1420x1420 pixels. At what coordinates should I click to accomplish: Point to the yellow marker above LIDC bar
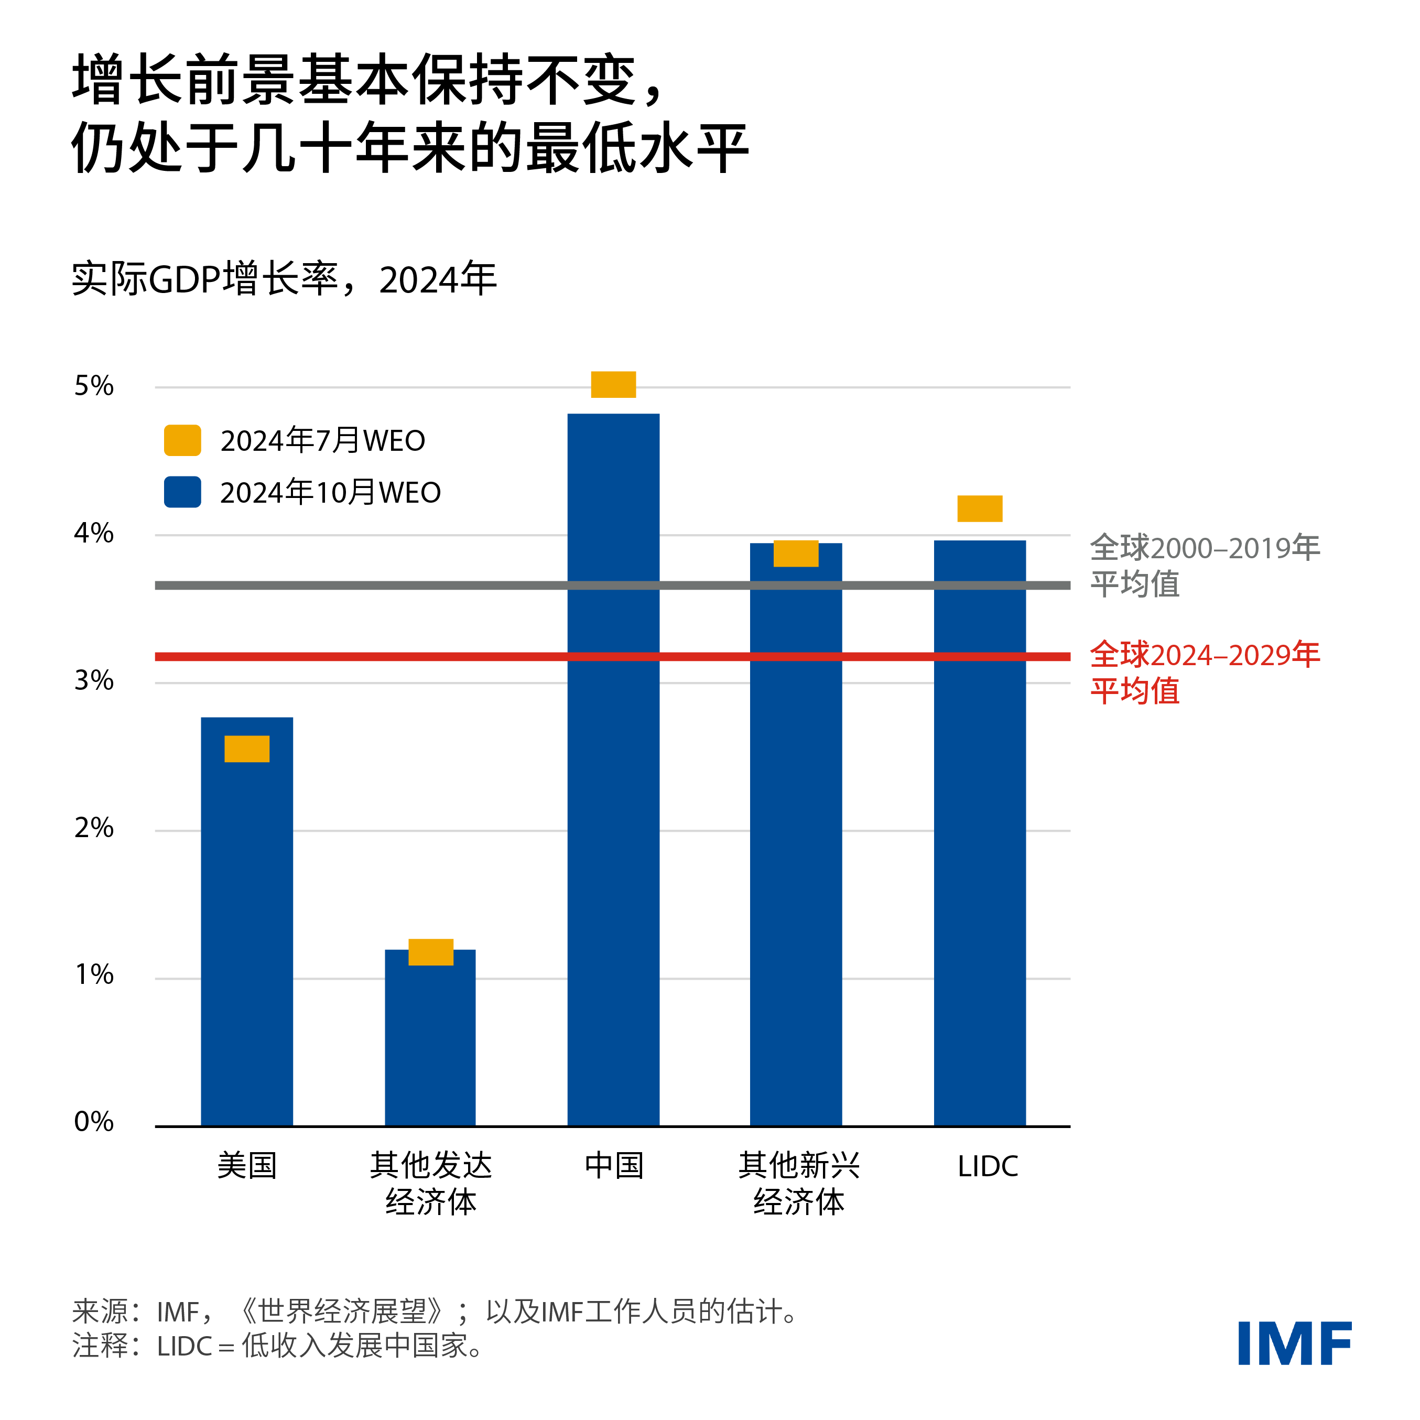coord(979,508)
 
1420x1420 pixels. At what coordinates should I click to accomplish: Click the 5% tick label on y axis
coord(93,386)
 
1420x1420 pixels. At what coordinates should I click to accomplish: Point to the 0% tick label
coord(93,1122)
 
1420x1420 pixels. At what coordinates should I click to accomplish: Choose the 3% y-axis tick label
coord(93,680)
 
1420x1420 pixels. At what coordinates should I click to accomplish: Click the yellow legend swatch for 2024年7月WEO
coord(182,440)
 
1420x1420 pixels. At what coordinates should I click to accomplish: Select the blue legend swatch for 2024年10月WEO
coord(182,492)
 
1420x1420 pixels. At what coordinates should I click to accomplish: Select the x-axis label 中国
coord(614,1166)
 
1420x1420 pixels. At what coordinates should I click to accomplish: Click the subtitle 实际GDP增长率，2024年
coord(284,279)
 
